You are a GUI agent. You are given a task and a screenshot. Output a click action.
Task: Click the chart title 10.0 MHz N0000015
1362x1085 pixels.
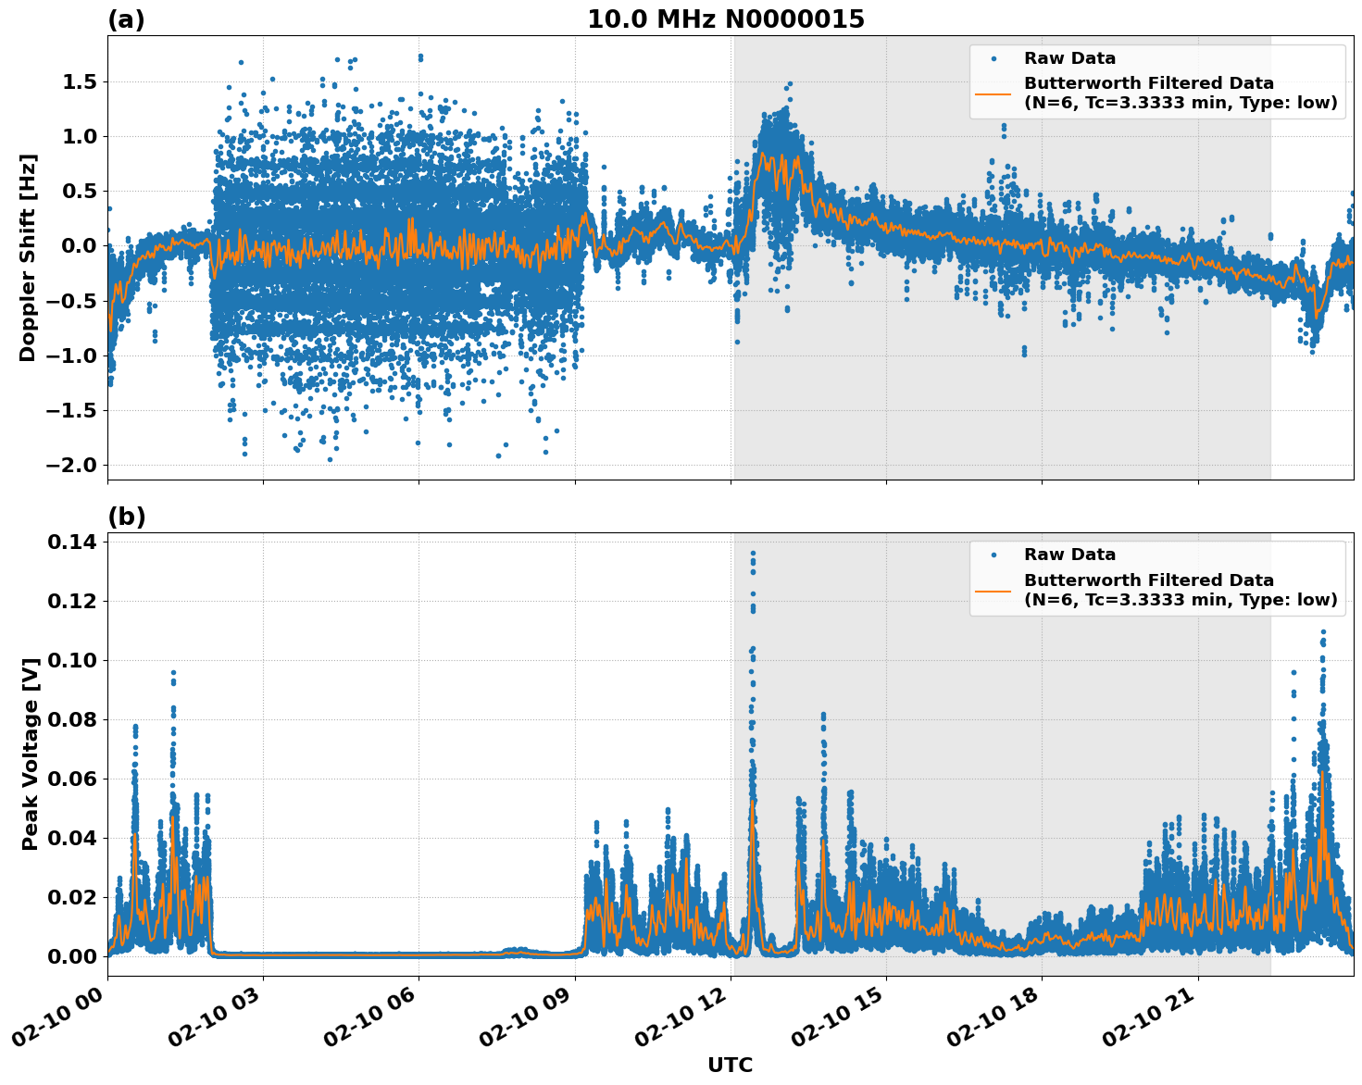[725, 19]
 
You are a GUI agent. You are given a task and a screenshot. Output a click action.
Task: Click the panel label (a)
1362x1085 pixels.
[126, 19]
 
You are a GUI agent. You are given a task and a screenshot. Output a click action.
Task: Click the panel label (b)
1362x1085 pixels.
[126, 517]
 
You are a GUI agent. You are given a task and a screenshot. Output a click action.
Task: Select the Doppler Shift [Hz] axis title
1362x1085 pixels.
[28, 257]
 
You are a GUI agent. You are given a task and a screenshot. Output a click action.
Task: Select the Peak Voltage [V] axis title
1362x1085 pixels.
[30, 755]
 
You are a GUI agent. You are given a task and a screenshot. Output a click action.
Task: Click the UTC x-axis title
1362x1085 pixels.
[730, 1065]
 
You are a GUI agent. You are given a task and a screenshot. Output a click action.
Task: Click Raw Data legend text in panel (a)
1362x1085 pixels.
[1069, 58]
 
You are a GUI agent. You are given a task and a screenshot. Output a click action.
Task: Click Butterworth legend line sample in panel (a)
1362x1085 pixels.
[993, 93]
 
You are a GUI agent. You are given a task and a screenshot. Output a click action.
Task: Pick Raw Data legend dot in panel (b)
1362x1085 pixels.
[993, 555]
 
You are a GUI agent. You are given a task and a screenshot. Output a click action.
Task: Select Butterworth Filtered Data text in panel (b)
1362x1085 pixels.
[1148, 580]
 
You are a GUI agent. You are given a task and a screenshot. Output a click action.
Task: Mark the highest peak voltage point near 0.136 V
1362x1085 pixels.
[753, 554]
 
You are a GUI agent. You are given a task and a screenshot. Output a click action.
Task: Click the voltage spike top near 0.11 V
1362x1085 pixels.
[1323, 632]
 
